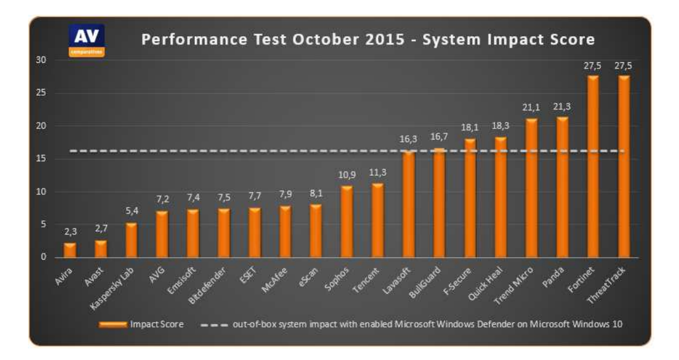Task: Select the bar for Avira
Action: pos(70,250)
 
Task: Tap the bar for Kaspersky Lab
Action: pos(131,241)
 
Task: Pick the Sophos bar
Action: pos(346,222)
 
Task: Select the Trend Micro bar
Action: pos(531,188)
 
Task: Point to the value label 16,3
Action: pos(409,140)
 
